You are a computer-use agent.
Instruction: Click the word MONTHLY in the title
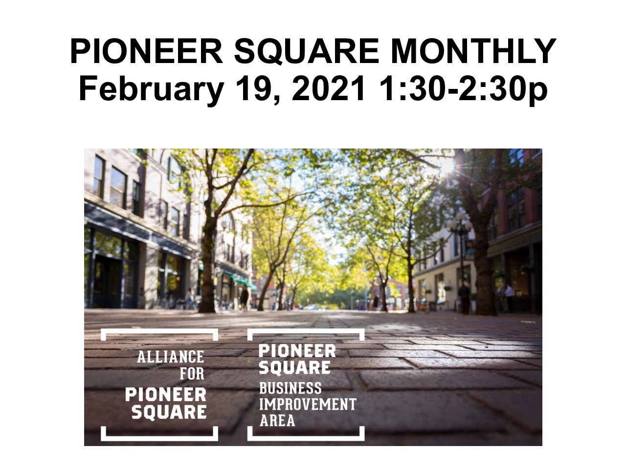(x=473, y=51)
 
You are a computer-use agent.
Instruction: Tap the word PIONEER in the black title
(x=146, y=51)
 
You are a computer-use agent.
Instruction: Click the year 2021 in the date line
(x=328, y=88)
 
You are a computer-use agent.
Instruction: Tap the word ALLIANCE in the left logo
(x=171, y=357)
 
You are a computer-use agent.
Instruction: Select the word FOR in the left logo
(x=192, y=374)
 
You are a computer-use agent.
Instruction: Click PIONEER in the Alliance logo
(x=166, y=395)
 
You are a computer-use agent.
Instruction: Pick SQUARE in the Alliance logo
(x=169, y=412)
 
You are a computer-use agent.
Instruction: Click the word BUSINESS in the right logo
(x=291, y=388)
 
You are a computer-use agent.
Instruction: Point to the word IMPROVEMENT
(x=308, y=405)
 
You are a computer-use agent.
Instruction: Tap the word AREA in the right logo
(x=277, y=421)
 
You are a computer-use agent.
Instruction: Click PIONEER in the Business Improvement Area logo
(x=297, y=351)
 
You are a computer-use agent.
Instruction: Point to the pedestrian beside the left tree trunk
(x=244, y=298)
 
